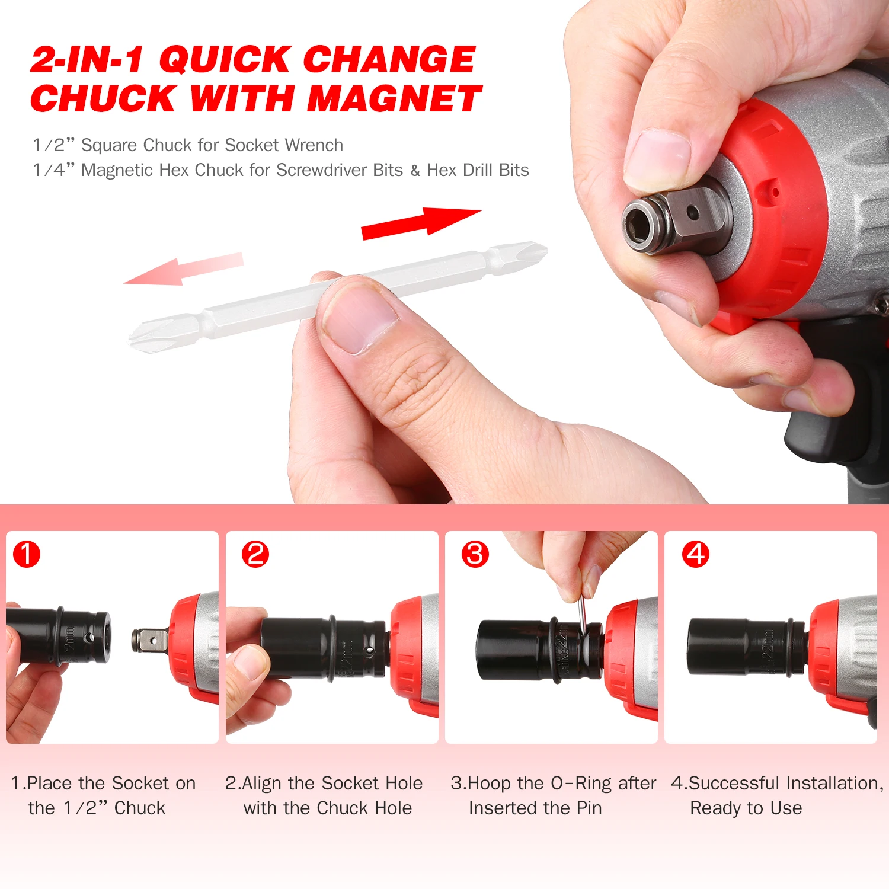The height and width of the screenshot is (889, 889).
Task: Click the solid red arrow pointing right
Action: pyautogui.click(x=421, y=223)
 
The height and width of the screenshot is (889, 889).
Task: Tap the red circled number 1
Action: pyautogui.click(x=27, y=555)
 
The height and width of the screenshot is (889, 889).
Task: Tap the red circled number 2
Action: pyautogui.click(x=255, y=555)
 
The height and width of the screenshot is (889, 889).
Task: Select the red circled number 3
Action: pyautogui.click(x=475, y=555)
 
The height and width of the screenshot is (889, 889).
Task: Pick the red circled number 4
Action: pyautogui.click(x=696, y=555)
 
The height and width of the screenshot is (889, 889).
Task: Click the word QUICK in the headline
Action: pyautogui.click(x=225, y=59)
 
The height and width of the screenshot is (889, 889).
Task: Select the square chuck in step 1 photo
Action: pyautogui.click(x=148, y=641)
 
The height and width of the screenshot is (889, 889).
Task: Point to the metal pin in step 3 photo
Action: pyautogui.click(x=583, y=616)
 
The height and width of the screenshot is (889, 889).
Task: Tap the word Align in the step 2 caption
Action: pyautogui.click(x=263, y=783)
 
